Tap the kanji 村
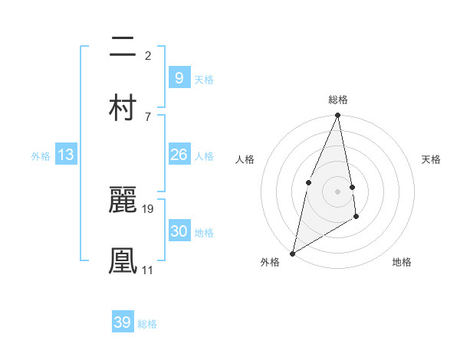pos(123,106)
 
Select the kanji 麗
pos(123,200)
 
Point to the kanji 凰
pos(123,260)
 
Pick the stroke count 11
pos(148,270)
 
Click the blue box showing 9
pos(179,77)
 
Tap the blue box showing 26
pos(179,155)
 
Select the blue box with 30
pos(179,231)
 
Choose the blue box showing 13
pos(66,155)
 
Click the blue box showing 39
pos(123,322)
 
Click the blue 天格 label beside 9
pos(204,79)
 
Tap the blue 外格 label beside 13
pos(41,156)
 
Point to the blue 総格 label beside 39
pos(147,324)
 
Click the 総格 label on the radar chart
pos(338,100)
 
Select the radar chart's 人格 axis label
pos(245,159)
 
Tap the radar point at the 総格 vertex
pos(338,116)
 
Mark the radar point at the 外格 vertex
pos(292,254)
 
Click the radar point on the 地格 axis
pos(356,218)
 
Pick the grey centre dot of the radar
pos(338,191)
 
